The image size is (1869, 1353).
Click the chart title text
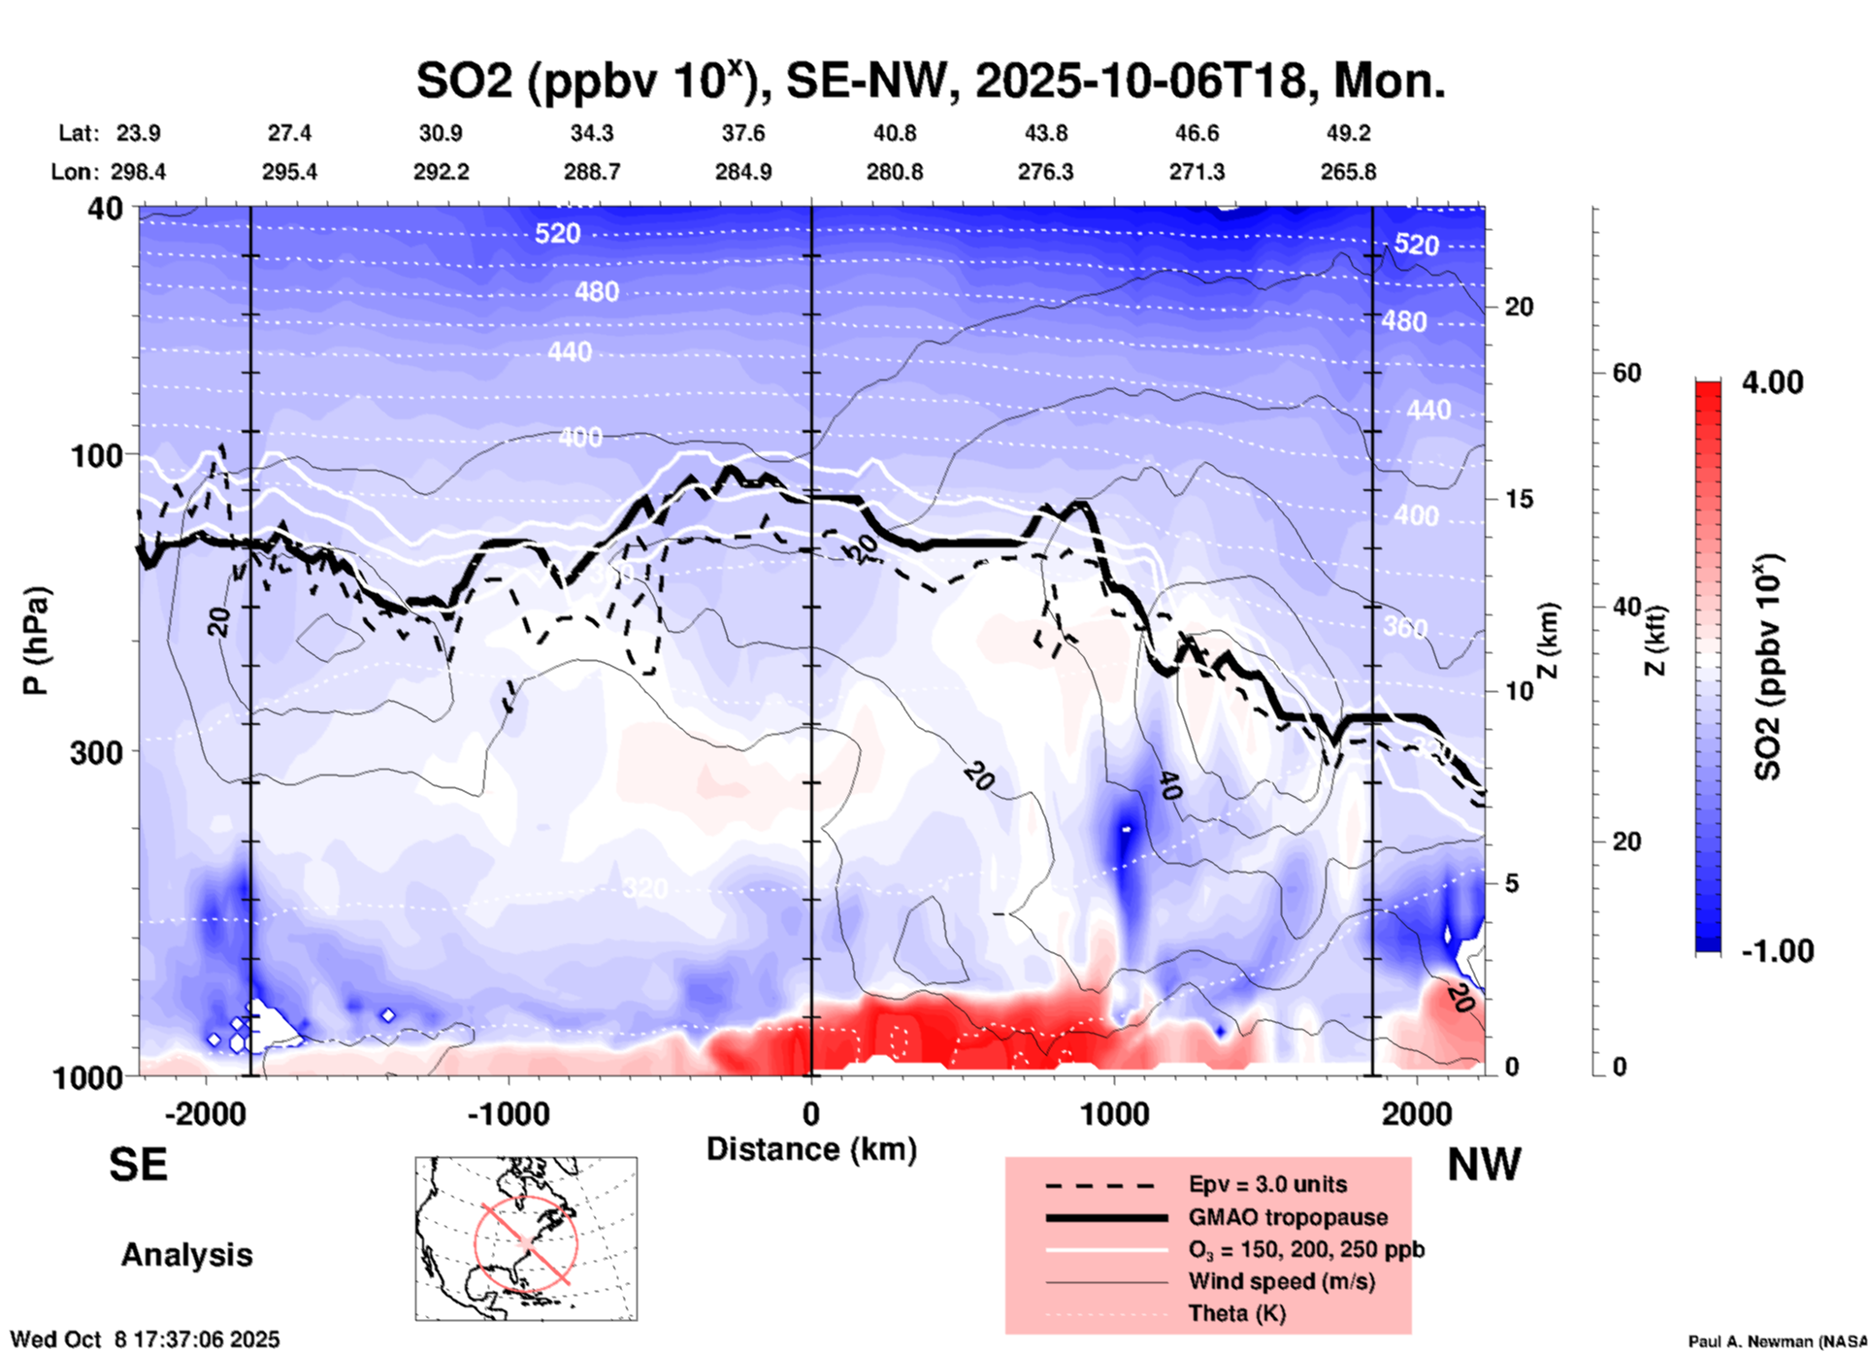pyautogui.click(x=930, y=81)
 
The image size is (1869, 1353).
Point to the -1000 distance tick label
pyautogui.click(x=508, y=1114)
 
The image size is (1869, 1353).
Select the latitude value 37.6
pyautogui.click(x=743, y=133)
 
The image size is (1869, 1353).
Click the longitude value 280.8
pyautogui.click(x=894, y=172)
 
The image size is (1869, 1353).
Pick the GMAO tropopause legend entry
pyautogui.click(x=1288, y=1217)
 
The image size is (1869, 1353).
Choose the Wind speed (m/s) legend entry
pyautogui.click(x=1281, y=1281)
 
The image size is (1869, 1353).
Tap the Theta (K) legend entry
pyautogui.click(x=1236, y=1313)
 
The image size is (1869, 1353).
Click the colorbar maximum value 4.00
pyautogui.click(x=1772, y=382)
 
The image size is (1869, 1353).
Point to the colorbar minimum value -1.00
pyautogui.click(x=1776, y=951)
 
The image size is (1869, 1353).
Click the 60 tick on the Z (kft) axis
pyautogui.click(x=1626, y=373)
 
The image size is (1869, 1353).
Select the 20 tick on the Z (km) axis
pyautogui.click(x=1519, y=307)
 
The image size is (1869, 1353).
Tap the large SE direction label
pyautogui.click(x=138, y=1165)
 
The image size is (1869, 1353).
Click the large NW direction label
pyautogui.click(x=1483, y=1165)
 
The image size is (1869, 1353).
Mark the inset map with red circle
pyautogui.click(x=526, y=1238)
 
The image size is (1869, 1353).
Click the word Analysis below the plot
pyautogui.click(x=186, y=1255)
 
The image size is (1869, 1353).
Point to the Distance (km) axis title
pyautogui.click(x=811, y=1149)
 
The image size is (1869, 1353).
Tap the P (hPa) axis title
pyautogui.click(x=36, y=641)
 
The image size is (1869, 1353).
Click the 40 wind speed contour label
pyautogui.click(x=1169, y=784)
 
